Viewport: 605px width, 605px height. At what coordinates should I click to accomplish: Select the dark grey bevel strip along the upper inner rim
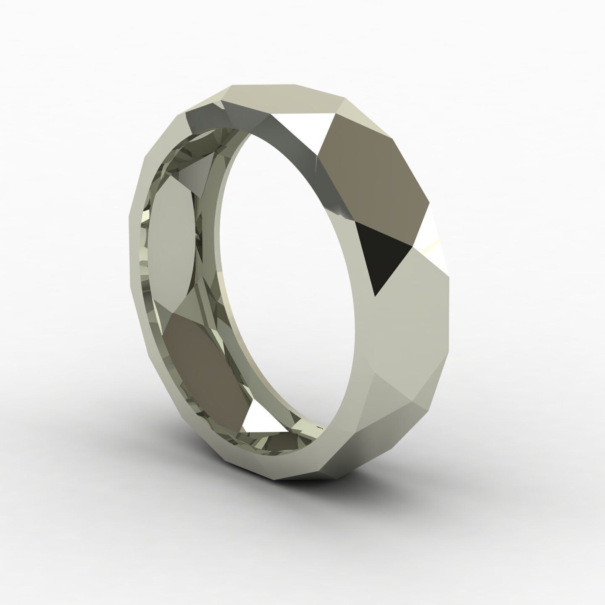coord(273,130)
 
